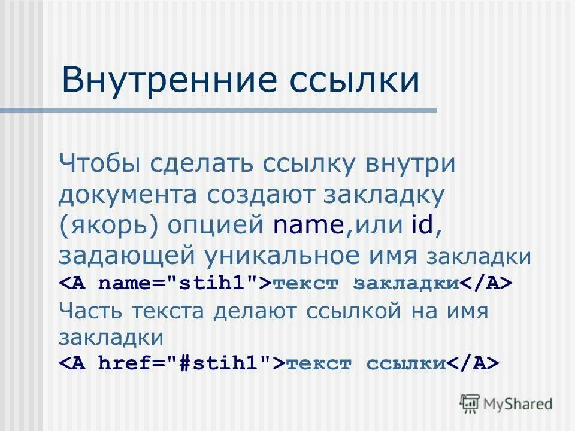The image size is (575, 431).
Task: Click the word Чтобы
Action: point(100,164)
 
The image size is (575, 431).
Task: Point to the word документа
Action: point(128,195)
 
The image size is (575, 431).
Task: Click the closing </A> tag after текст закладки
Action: point(486,283)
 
